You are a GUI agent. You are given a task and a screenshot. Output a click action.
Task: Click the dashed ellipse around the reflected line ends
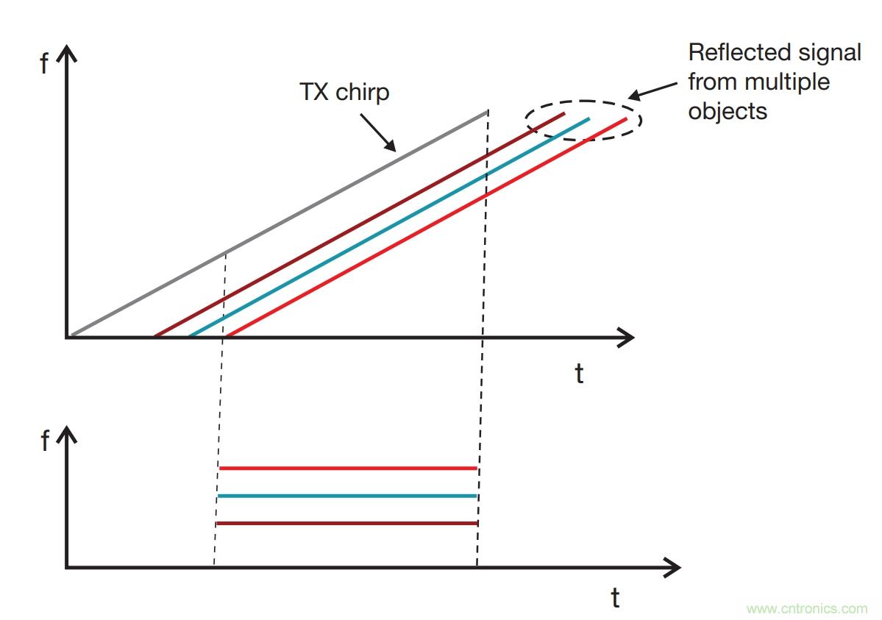(x=583, y=101)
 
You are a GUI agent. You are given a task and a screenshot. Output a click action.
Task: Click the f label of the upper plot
(x=44, y=65)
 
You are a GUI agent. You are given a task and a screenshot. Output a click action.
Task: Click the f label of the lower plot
(x=44, y=442)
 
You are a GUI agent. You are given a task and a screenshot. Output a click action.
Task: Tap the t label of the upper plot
(x=579, y=374)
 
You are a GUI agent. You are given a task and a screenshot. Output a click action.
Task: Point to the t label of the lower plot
(x=615, y=598)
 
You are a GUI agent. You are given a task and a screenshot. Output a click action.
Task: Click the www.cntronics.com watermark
(x=806, y=609)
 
